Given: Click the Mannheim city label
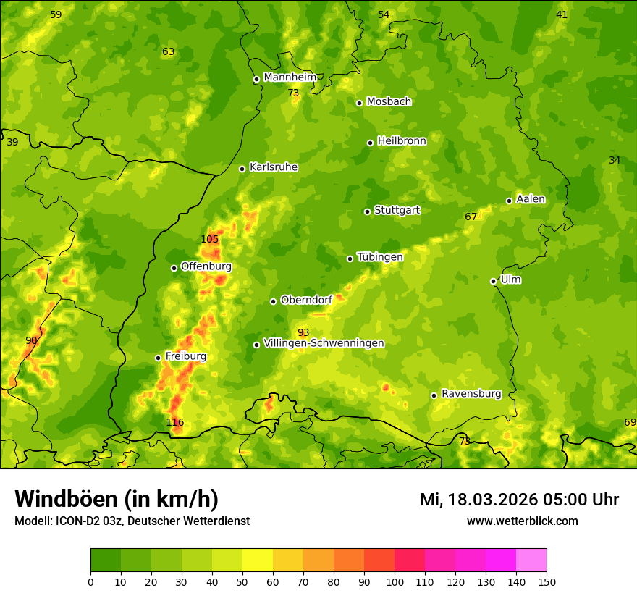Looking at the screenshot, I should [x=290, y=77].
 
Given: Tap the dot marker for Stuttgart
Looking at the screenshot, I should [x=367, y=211].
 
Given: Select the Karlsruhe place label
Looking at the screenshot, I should [x=273, y=167].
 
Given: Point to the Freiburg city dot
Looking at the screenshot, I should [x=158, y=358].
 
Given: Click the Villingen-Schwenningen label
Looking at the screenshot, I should [x=324, y=343].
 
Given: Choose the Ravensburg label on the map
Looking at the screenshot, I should [x=471, y=394].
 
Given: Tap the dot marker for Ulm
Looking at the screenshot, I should [x=493, y=281].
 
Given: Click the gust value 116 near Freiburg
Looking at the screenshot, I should [x=174, y=422].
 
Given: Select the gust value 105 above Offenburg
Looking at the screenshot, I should [x=209, y=239].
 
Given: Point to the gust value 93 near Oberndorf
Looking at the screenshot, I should [x=303, y=332].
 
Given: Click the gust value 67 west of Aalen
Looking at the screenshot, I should [x=471, y=217].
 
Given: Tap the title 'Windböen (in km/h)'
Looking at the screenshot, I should [x=117, y=499].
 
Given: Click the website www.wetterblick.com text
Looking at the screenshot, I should [x=522, y=521].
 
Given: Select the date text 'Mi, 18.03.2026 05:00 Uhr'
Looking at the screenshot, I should [x=519, y=500].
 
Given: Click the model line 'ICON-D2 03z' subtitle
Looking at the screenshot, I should [x=132, y=521].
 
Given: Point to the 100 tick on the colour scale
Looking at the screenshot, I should [x=395, y=581].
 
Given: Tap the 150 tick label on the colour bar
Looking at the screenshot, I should [x=547, y=581].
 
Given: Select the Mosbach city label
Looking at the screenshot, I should [x=388, y=102].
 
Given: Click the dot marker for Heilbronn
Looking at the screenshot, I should [x=370, y=143].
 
